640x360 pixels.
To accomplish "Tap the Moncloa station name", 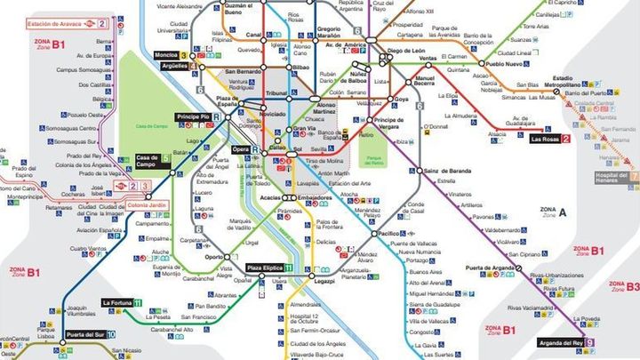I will click(165, 55).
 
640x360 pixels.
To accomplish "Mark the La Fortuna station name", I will click(117, 303).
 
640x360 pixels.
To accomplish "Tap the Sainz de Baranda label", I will click(448, 170).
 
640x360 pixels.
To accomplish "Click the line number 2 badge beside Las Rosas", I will click(566, 140).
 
